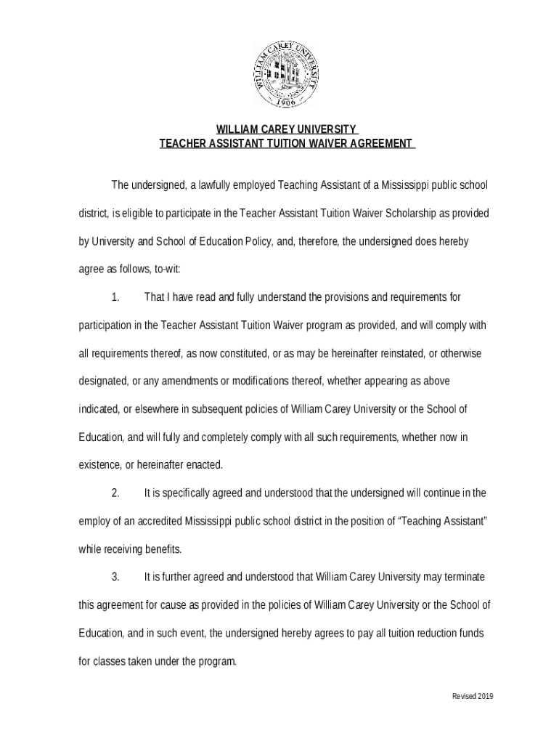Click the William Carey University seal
(286, 74)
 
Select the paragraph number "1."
(115, 297)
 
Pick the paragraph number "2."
(115, 493)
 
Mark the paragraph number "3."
(115, 577)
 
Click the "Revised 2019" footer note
(473, 697)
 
